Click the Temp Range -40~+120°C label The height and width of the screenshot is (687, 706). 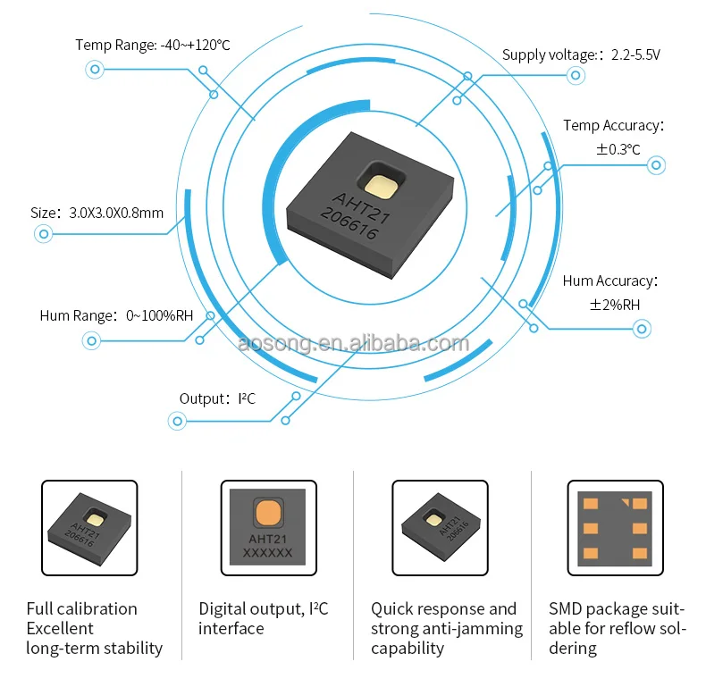tap(153, 45)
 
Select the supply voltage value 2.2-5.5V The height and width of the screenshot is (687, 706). tap(635, 54)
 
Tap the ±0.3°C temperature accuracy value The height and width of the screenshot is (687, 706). tap(618, 149)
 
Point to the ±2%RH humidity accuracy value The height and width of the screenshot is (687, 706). tap(615, 305)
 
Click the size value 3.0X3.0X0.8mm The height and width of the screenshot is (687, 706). tap(116, 213)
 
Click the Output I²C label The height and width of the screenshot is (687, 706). tap(217, 398)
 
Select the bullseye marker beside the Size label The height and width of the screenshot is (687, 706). tap(43, 235)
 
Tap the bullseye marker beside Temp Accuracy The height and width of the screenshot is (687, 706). tap(656, 165)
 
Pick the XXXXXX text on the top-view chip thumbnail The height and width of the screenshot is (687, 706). tap(267, 554)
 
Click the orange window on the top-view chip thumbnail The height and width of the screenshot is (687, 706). tap(267, 513)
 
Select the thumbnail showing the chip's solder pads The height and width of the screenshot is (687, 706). tap(615, 528)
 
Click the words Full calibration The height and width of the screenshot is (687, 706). tap(81, 609)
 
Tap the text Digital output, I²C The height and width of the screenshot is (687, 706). tap(264, 609)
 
